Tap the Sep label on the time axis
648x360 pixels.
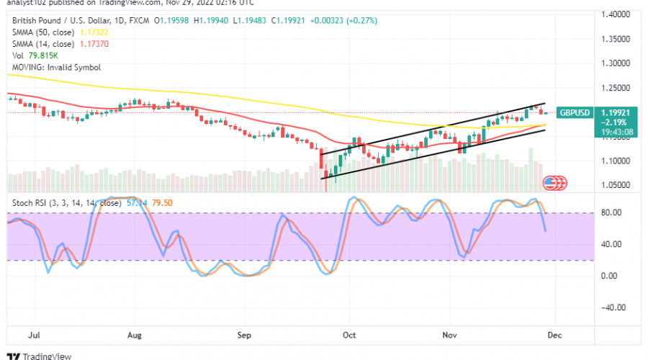[244, 335]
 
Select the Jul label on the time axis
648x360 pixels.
[34, 335]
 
